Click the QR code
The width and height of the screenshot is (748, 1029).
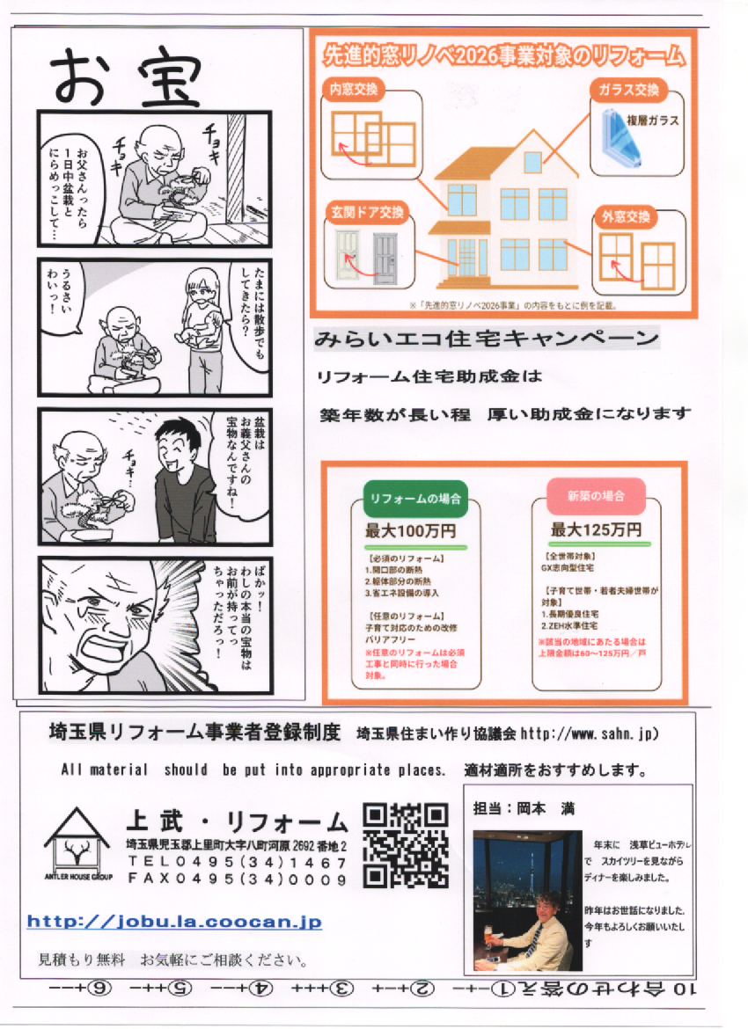click(406, 844)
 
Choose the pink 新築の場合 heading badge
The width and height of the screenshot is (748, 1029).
click(595, 496)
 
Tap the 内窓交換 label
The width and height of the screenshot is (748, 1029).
click(354, 90)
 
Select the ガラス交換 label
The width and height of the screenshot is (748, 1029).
click(627, 91)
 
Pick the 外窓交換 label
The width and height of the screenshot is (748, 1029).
click(626, 216)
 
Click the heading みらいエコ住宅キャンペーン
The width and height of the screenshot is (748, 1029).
click(487, 339)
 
